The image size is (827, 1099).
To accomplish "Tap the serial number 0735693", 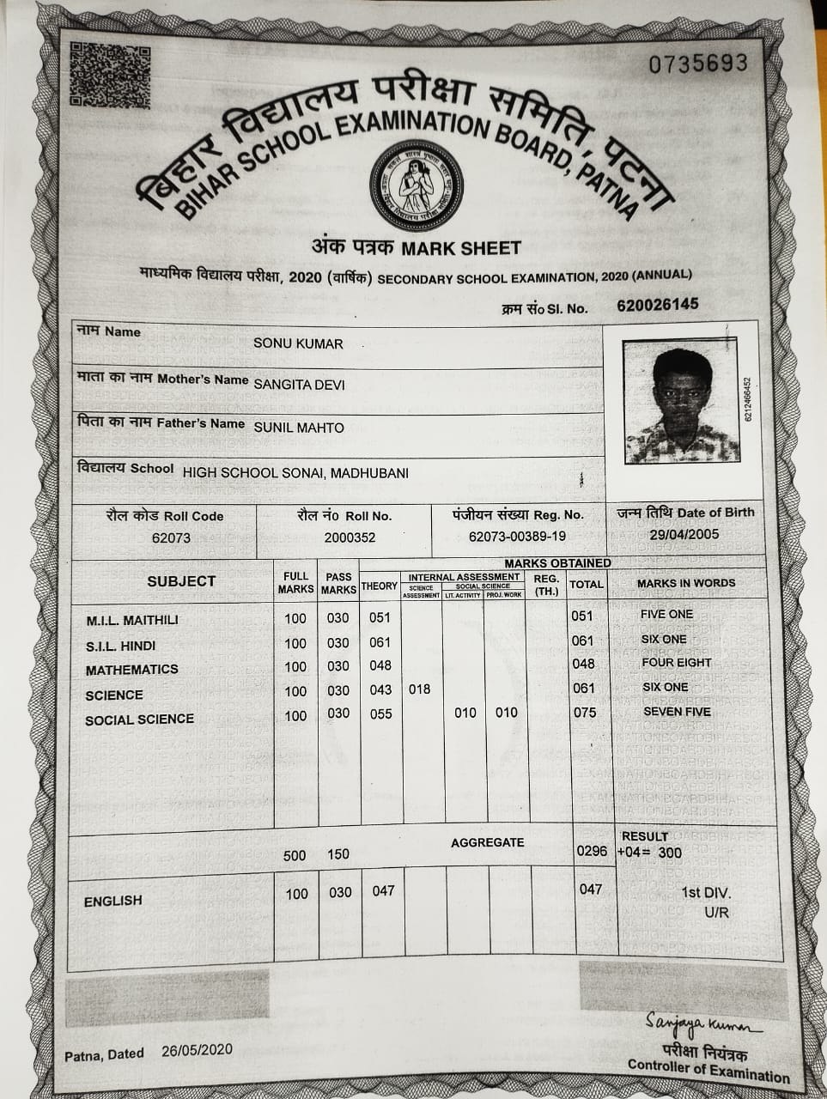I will (x=697, y=64).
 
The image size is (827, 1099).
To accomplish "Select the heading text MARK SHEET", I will (x=461, y=249).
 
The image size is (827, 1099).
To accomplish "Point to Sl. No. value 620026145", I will (x=657, y=305).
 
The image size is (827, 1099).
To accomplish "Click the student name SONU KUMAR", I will (x=298, y=343).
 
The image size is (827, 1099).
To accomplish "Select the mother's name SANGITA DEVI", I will (x=299, y=384).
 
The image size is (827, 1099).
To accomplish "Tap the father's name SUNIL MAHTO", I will (x=299, y=427).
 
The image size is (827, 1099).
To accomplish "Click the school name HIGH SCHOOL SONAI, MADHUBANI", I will (x=295, y=472).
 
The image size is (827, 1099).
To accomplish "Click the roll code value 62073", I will (x=171, y=537).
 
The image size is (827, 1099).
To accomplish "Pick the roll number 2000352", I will (x=350, y=537).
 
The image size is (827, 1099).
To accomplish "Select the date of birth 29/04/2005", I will (x=684, y=534).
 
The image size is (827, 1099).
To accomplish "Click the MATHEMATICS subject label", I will (x=132, y=669).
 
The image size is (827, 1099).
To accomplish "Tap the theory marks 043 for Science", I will (x=380, y=689).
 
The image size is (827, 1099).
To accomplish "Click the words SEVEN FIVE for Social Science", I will (x=677, y=711).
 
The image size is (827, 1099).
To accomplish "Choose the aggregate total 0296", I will (x=592, y=851).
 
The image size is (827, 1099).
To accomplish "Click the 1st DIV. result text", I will (x=706, y=893).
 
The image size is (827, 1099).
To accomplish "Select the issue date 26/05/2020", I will (x=197, y=1051).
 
